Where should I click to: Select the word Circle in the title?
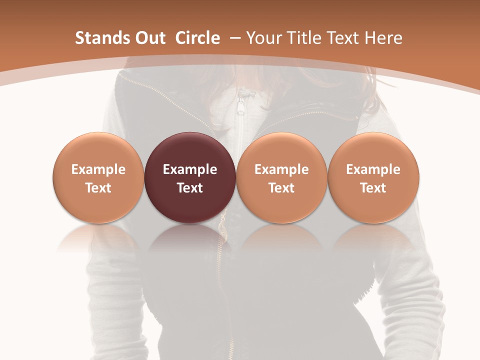coord(197,38)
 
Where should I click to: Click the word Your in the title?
coord(262,38)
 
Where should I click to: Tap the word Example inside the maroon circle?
coord(190,169)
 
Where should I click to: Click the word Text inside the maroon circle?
coord(190,188)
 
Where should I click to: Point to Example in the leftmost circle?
coord(98,169)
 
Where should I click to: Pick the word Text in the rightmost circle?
coord(373,188)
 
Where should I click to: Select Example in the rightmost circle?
coord(373,169)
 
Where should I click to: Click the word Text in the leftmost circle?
coord(98,188)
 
